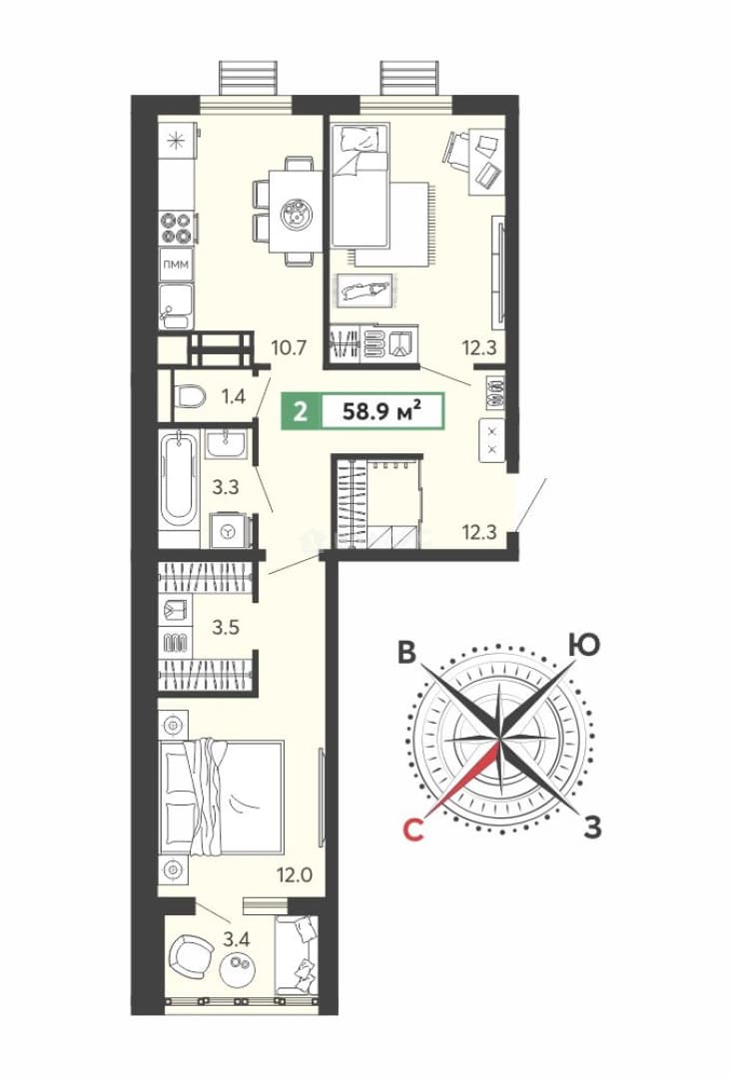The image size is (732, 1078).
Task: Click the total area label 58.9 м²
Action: click(x=381, y=412)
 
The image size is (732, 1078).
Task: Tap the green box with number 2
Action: click(x=300, y=412)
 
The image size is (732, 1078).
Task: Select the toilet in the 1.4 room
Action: click(x=190, y=397)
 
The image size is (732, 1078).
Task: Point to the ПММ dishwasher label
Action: click(x=176, y=264)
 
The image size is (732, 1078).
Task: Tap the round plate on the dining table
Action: click(x=299, y=214)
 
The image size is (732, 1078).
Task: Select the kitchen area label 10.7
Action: click(x=289, y=347)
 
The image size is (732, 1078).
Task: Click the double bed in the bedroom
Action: click(x=221, y=798)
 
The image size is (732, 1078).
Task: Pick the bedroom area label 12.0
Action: click(x=295, y=875)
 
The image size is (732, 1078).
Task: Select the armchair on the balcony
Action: click(x=189, y=955)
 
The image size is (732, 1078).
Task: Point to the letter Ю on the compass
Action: click(x=584, y=646)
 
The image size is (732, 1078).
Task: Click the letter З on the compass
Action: click(x=592, y=827)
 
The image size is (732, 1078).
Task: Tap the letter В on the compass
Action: click(x=408, y=653)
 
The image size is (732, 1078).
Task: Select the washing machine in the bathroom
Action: click(x=227, y=530)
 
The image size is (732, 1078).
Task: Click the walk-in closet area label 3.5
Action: click(x=225, y=627)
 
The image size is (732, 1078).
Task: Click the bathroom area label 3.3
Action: click(x=225, y=487)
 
